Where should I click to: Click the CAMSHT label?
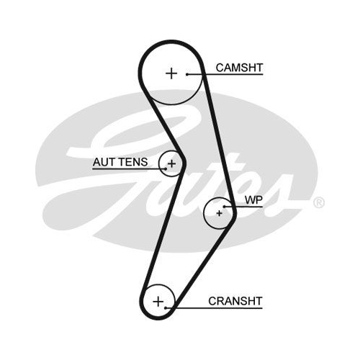point(239,68)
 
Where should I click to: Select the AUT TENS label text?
point(120,162)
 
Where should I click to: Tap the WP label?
point(253,199)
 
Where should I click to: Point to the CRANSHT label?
point(235,301)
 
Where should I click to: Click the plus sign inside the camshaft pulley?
point(171,73)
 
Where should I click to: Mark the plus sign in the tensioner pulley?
point(171,164)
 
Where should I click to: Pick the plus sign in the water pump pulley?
point(219,213)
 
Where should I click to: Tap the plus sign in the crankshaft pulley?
point(158,301)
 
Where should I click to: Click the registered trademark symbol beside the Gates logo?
point(319,203)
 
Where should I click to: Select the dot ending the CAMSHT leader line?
point(187,74)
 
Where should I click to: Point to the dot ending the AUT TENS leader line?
point(166,168)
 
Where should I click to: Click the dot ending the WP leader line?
point(224,207)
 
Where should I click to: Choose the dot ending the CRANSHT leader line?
point(166,307)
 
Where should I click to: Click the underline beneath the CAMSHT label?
point(225,74)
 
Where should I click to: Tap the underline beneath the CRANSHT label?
point(214,307)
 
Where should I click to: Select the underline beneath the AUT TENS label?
point(129,169)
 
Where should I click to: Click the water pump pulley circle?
point(204,213)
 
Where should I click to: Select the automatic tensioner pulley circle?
point(159,164)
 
